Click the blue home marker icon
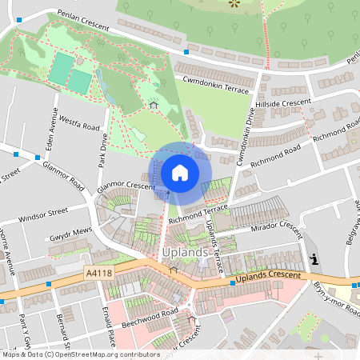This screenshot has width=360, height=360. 180,172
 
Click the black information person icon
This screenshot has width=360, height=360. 315,258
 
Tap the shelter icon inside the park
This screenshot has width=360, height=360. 153,103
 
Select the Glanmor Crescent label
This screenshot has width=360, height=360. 126,186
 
